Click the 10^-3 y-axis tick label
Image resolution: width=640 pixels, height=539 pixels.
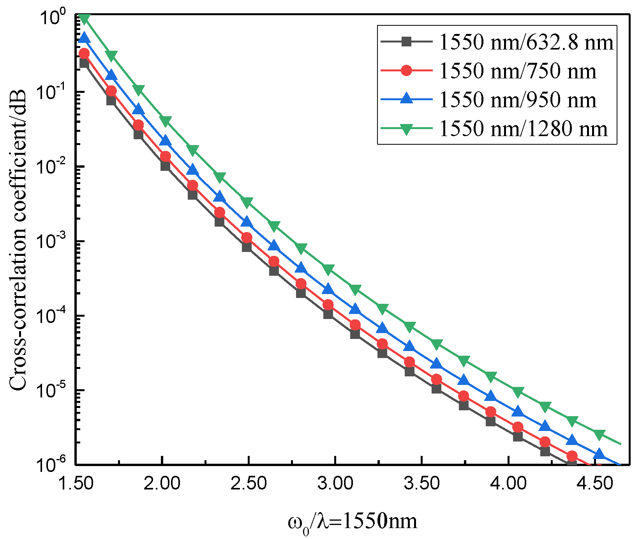click(x=55, y=241)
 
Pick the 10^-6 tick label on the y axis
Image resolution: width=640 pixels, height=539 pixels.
click(x=55, y=464)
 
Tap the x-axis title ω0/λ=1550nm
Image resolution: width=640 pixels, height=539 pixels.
click(x=353, y=521)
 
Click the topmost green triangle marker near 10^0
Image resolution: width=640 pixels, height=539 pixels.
click(x=84, y=18)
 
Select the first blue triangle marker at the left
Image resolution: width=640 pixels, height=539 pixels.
click(x=84, y=38)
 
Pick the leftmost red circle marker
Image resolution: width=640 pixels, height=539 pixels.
click(x=84, y=53)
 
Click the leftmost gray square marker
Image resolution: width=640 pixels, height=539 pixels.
click(x=84, y=63)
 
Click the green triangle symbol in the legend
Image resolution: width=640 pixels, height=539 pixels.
click(x=406, y=129)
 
